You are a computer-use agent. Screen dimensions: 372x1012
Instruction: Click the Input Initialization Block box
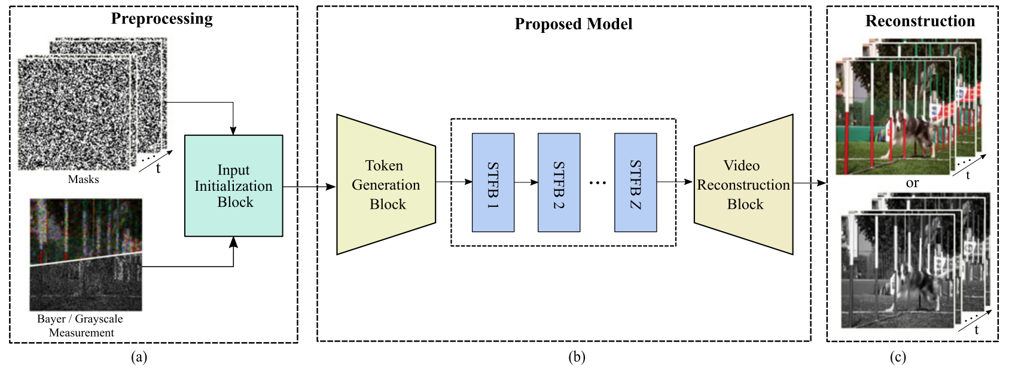point(233,185)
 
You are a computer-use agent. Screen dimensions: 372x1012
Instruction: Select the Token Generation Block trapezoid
point(386,184)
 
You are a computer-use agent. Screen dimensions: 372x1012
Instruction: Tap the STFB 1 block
point(493,182)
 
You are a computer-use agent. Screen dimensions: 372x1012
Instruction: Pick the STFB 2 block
point(559,182)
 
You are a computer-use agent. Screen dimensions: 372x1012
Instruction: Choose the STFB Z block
point(635,182)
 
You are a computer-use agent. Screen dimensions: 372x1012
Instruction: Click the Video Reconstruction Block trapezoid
point(743,184)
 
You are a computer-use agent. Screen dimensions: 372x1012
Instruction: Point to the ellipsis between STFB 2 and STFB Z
point(598,183)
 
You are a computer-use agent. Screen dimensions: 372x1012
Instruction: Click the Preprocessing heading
point(161,19)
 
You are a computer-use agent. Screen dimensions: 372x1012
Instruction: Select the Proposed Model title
point(573,24)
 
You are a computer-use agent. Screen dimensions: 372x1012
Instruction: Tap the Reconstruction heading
point(920,21)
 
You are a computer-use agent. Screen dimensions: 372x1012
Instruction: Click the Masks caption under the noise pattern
point(83,179)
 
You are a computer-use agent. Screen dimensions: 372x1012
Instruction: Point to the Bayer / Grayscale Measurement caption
point(80,326)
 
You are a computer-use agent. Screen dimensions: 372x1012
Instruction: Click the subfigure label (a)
point(139,357)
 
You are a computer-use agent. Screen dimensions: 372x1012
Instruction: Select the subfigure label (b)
point(577,357)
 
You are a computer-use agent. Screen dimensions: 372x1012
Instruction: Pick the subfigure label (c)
point(897,357)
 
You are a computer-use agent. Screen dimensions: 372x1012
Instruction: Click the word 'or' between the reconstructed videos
point(912,183)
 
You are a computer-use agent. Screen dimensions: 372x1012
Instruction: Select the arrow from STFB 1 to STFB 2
point(526,182)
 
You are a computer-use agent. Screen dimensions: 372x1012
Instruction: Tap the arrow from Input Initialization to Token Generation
point(309,187)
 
